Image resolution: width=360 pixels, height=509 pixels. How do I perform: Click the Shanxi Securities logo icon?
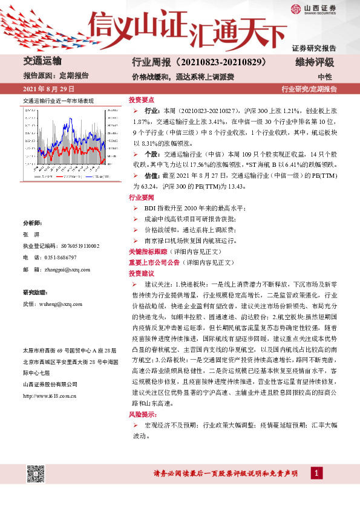[x=296, y=8]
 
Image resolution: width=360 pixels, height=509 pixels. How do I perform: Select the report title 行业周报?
[x=150, y=62]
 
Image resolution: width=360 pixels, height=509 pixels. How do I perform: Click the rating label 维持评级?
[x=315, y=62]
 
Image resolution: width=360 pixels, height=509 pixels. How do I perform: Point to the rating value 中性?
[x=325, y=77]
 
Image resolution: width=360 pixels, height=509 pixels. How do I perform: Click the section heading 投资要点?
[x=142, y=100]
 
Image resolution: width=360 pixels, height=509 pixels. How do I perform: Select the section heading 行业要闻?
[x=142, y=198]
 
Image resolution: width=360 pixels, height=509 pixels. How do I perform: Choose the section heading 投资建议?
[x=142, y=273]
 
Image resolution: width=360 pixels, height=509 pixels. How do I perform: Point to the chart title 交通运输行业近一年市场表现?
[x=58, y=102]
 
